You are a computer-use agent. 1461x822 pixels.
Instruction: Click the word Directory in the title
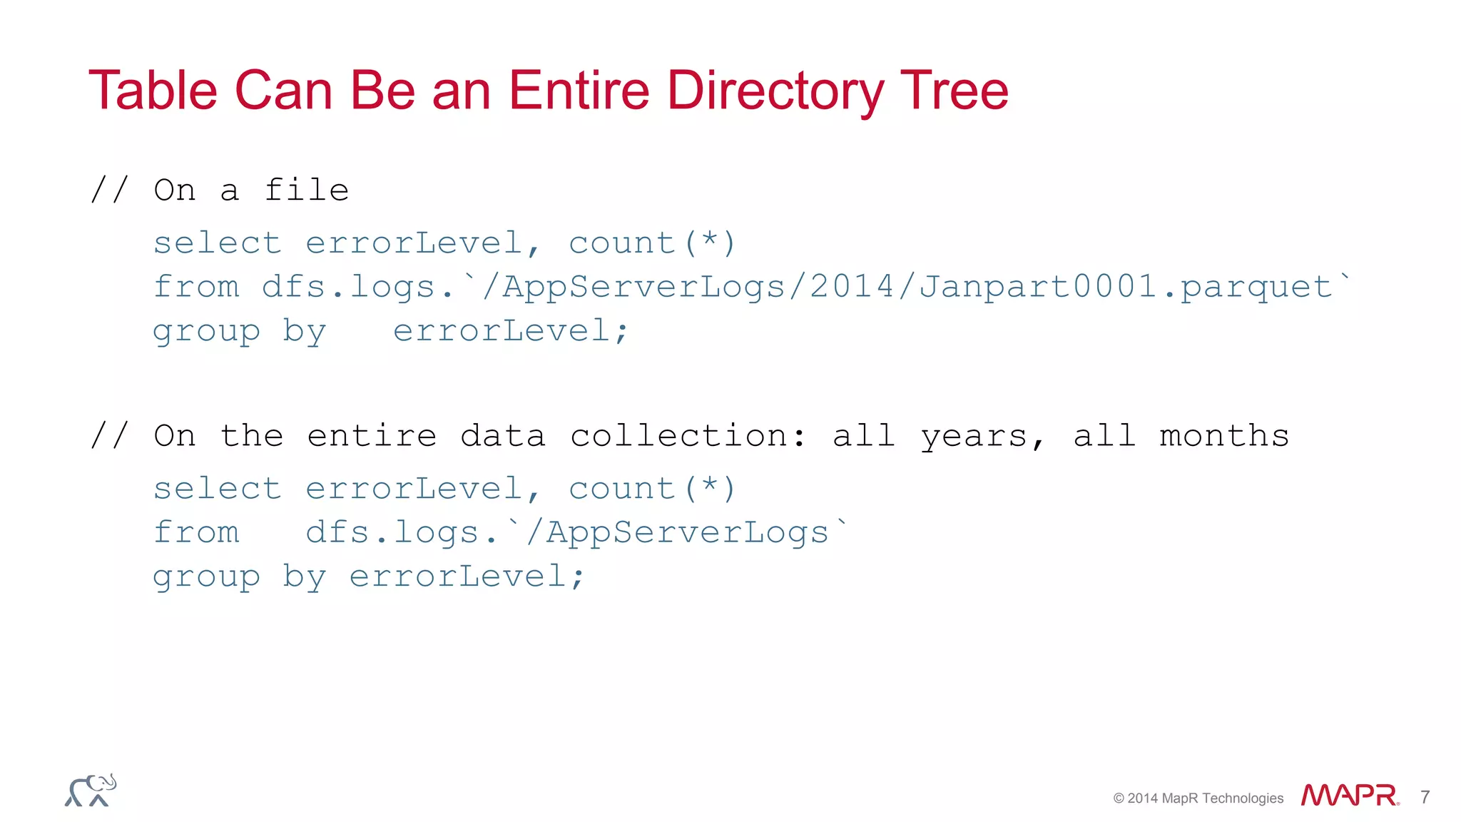775,91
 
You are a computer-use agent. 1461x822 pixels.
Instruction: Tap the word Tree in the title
955,91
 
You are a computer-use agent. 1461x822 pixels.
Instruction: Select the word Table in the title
153,91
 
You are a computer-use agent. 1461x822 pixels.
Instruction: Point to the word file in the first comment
306,191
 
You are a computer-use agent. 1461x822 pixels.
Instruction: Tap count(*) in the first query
651,243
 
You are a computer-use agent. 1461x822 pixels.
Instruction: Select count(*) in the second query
651,489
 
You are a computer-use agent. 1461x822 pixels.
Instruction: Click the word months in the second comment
1224,436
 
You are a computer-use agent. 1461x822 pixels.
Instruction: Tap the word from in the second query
196,532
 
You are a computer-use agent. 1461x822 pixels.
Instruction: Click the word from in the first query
196,287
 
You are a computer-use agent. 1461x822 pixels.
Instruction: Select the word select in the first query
218,243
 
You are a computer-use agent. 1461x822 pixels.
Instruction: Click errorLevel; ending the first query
510,331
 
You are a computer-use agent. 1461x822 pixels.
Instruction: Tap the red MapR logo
1349,796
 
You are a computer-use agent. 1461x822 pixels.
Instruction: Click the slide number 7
1425,797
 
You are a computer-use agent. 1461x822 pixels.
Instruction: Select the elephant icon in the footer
91,791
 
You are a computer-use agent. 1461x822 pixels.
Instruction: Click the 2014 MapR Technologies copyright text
1198,798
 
